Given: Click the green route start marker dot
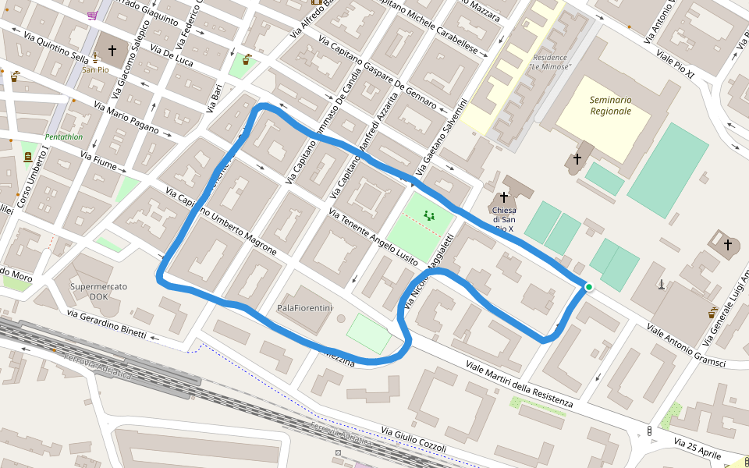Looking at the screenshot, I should (589, 287).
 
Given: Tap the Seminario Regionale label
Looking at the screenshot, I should (610, 105).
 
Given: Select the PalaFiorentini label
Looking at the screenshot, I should (305, 308).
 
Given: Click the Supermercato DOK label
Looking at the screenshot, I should (98, 292).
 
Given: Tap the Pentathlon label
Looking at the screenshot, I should (64, 137).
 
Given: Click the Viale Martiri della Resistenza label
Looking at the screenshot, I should (519, 385).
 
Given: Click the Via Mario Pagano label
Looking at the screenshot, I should (126, 116).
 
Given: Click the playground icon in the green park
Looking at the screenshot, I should (428, 214).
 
